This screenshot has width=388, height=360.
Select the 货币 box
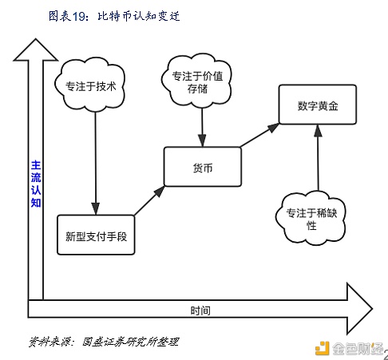[x=202, y=167]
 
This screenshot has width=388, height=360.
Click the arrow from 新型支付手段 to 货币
[x=149, y=200]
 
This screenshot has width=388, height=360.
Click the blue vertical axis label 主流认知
[x=35, y=184]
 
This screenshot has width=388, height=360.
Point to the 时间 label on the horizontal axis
[x=200, y=310]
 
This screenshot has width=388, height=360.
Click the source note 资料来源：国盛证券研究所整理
[x=104, y=341]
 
